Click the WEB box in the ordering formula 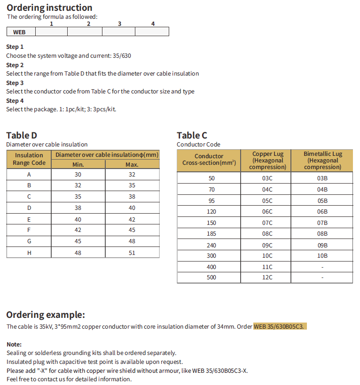point(20,32)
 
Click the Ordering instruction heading point(49,8)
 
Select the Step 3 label point(15,83)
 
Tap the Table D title point(22,136)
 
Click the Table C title point(192,136)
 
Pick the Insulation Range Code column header point(29,159)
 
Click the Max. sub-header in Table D point(132,164)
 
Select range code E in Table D point(29,219)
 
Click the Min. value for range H point(78,253)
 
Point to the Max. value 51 point(132,253)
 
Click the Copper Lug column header point(268,160)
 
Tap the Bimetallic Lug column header point(322,160)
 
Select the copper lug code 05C point(267,200)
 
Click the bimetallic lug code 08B point(322,233)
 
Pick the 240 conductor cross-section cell point(211,245)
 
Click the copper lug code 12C point(267,277)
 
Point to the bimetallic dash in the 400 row point(322,267)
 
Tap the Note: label point(14,344)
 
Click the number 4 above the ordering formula point(153,23)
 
